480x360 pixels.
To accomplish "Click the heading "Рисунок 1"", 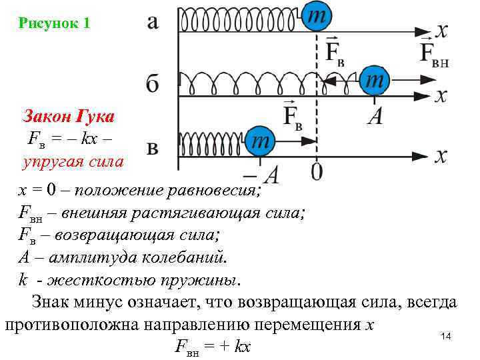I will click(x=55, y=23).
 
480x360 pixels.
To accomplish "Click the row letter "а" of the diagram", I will click(x=153, y=22).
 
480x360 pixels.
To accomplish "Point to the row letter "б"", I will click(x=153, y=85).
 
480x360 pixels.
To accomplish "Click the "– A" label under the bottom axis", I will click(x=261, y=175).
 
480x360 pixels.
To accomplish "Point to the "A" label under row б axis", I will click(x=375, y=117).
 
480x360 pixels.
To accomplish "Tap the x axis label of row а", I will click(x=441, y=30).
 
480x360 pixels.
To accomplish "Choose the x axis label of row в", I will click(x=441, y=156).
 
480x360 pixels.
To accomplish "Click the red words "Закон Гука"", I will click(x=69, y=117).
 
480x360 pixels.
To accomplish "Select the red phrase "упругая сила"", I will click(x=73, y=161).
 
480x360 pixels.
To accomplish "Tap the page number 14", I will click(x=446, y=337).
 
